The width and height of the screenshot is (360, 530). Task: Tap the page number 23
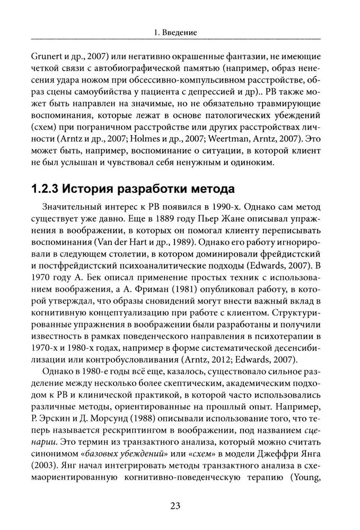pos(175,506)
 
